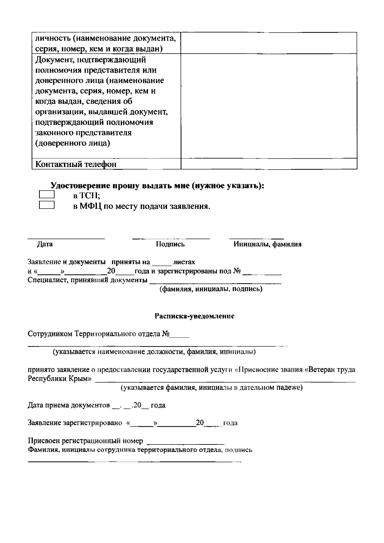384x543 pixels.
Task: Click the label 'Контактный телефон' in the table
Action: (76, 164)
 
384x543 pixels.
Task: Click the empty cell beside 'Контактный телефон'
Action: (269, 164)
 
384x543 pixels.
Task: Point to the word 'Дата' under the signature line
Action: (45, 244)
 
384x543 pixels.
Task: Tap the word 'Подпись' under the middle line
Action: (170, 244)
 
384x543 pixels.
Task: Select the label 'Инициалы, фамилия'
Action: (267, 244)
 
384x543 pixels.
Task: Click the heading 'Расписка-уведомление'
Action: (195, 316)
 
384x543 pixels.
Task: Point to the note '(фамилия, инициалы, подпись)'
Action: (211, 290)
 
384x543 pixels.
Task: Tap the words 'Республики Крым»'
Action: (60, 379)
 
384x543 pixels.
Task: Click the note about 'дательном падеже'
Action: (212, 388)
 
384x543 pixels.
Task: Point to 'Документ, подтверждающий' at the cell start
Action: (91, 60)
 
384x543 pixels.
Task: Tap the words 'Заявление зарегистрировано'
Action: (75, 423)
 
